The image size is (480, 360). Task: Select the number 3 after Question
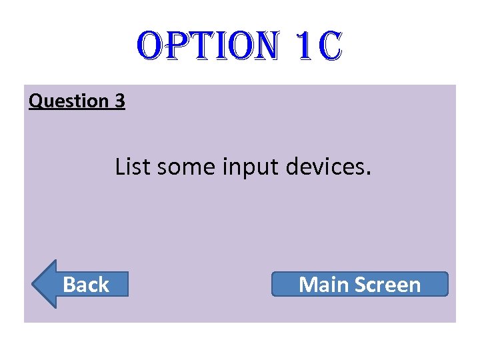120,101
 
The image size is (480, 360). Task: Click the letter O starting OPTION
151,46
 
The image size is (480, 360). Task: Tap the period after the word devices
367,174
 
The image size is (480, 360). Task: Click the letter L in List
121,167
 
